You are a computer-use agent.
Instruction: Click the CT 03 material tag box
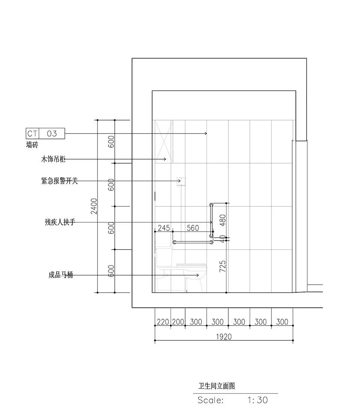[x=45, y=133]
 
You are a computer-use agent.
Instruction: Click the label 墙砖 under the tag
[x=32, y=145]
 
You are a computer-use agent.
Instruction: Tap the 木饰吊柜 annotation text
[x=53, y=159]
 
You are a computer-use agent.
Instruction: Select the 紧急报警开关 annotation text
[x=60, y=181]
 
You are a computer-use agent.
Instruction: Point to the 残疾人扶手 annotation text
[x=60, y=222]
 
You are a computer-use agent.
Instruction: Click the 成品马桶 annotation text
[x=61, y=275]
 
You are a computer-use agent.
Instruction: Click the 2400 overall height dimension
[x=94, y=206]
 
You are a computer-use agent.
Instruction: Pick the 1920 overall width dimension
[x=224, y=337]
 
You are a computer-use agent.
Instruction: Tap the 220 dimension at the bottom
[x=163, y=322]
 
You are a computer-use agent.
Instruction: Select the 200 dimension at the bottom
[x=178, y=322]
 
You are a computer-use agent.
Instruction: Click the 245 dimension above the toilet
[x=163, y=228]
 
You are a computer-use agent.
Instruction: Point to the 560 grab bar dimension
[x=193, y=228]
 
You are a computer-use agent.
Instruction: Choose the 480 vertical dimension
[x=223, y=220]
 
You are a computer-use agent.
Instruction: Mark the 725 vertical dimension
[x=223, y=266]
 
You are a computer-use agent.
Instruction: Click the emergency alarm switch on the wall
[x=181, y=181]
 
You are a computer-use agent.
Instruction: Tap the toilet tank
[x=164, y=257]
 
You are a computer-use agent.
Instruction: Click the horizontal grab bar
[x=193, y=242]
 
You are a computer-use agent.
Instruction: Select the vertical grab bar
[x=211, y=220]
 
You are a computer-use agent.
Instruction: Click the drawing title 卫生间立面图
[x=217, y=386]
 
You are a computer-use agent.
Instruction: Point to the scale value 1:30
[x=258, y=400]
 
